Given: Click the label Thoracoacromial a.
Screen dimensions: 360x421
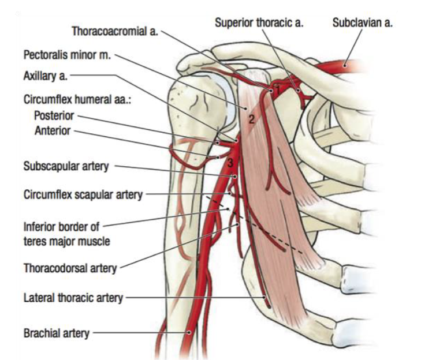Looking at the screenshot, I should (x=114, y=29).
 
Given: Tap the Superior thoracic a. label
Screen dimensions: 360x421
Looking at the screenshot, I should (x=259, y=22).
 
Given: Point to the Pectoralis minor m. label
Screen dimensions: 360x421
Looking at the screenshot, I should (x=68, y=56).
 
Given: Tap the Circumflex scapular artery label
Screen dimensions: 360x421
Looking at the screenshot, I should (x=82, y=194).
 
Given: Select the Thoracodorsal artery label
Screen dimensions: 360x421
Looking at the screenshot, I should (x=70, y=268).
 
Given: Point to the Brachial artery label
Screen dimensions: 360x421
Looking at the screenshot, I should (x=57, y=333).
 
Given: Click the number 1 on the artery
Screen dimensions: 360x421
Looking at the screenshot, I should (x=277, y=90).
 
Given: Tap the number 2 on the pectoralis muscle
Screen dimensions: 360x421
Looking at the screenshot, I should (x=251, y=119).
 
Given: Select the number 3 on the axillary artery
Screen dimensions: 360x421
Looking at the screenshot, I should (x=230, y=160).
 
